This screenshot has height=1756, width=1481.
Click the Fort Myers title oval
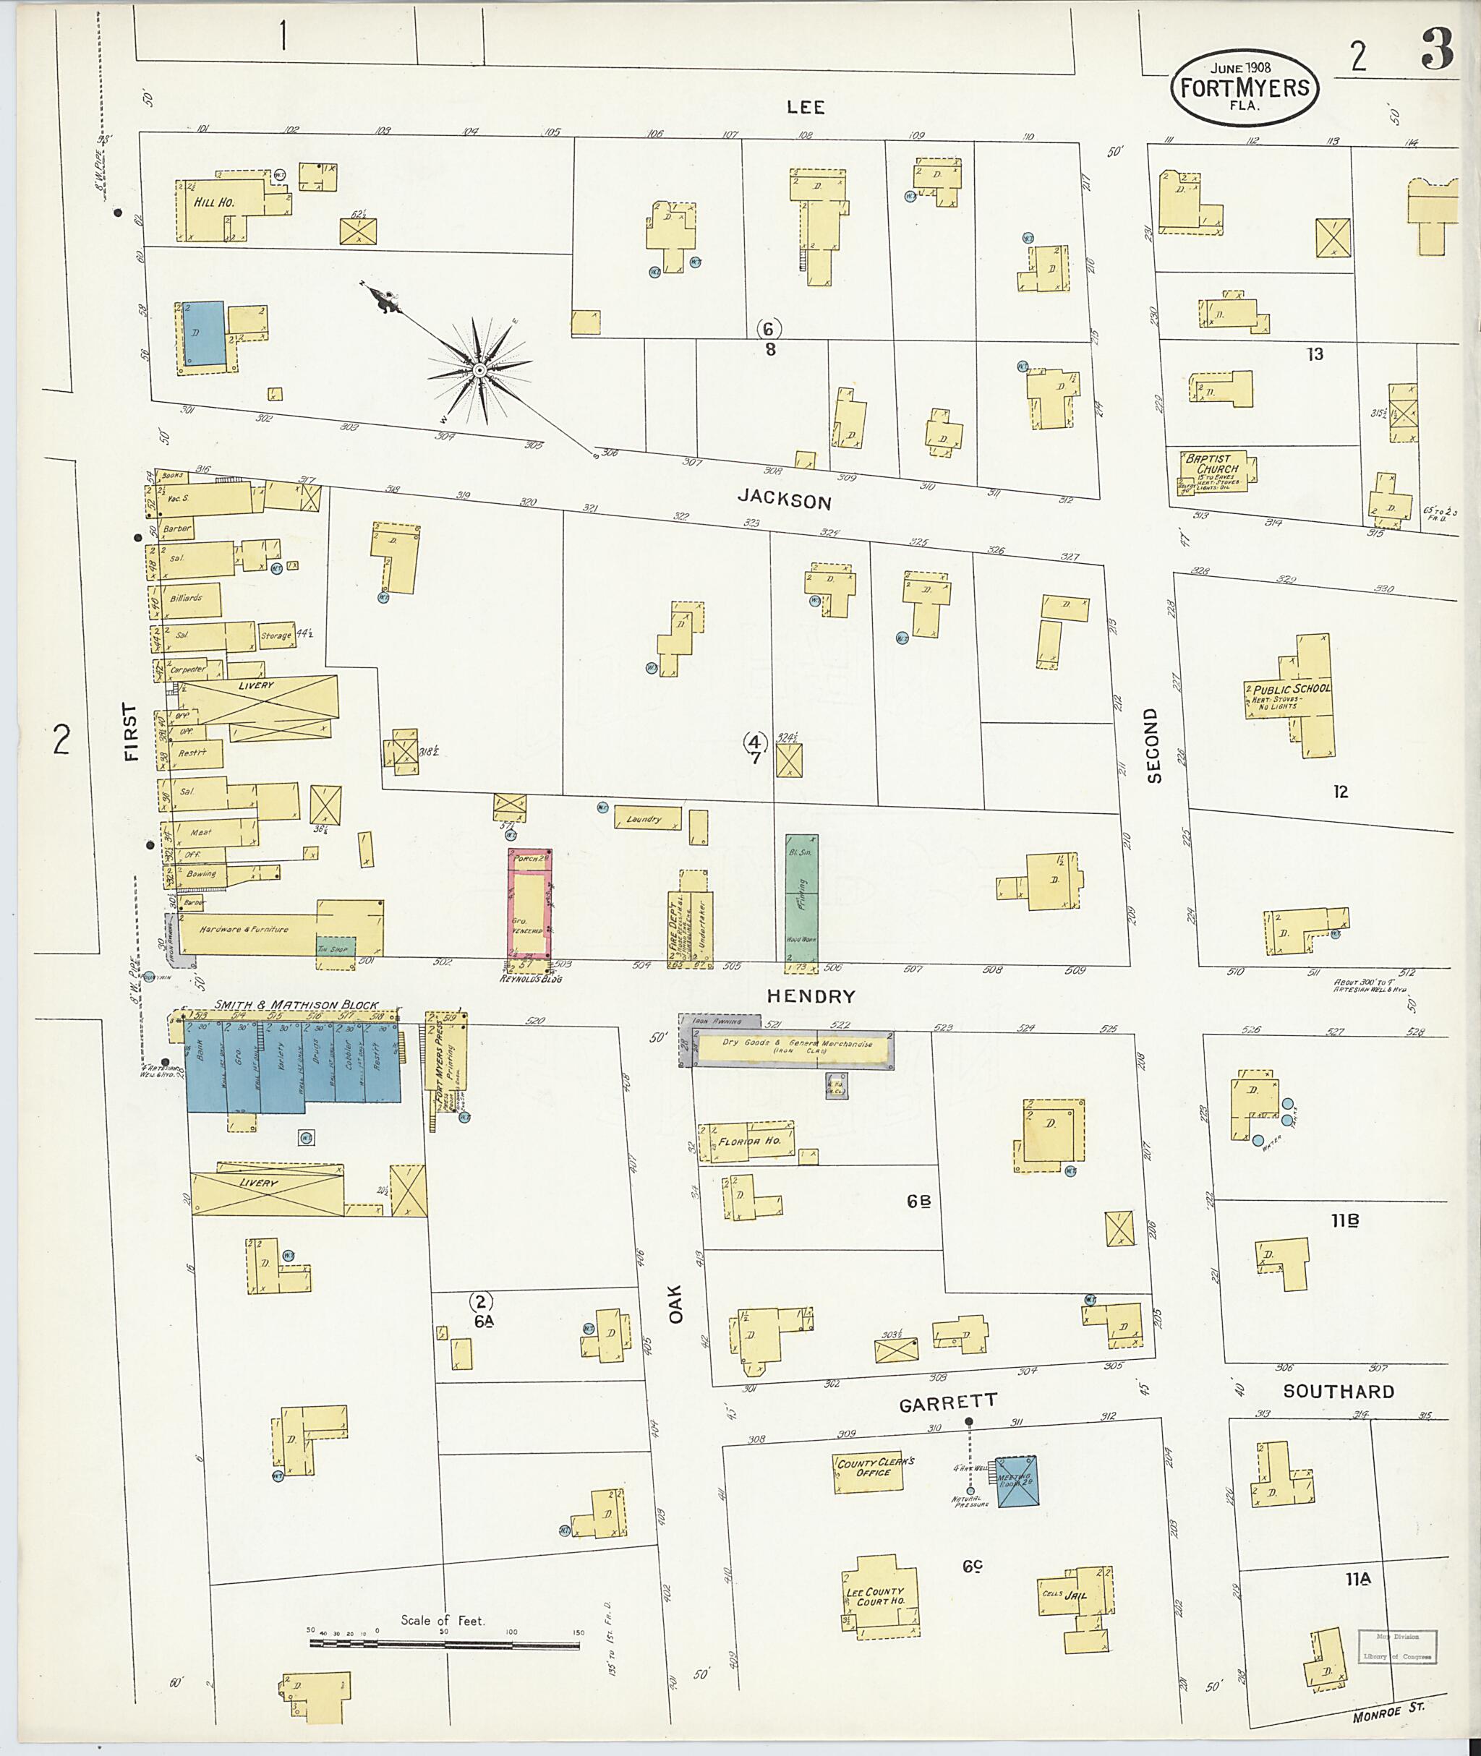click(x=1245, y=87)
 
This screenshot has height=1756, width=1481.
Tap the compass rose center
click(x=479, y=370)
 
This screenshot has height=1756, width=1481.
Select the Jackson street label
click(x=784, y=500)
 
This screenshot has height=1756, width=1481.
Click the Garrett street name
click(x=948, y=1402)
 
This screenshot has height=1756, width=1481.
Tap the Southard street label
click(x=1339, y=1391)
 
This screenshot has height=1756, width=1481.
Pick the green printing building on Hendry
click(x=802, y=898)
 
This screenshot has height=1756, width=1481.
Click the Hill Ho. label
click(x=215, y=202)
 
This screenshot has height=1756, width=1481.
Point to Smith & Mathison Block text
click(x=295, y=1005)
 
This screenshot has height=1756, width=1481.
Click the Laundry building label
click(x=645, y=818)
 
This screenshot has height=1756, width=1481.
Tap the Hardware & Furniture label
click(x=244, y=929)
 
